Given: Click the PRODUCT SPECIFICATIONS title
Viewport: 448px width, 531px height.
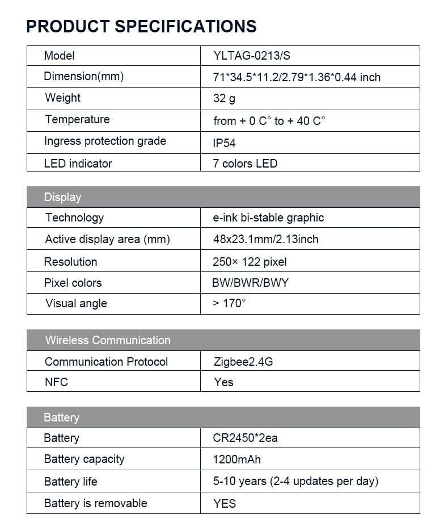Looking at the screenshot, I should pos(142,26).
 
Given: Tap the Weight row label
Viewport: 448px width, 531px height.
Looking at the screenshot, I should pos(62,98).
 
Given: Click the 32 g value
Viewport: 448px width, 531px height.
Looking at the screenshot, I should pos(224,98).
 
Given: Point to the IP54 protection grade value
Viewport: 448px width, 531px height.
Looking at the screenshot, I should pos(224,143).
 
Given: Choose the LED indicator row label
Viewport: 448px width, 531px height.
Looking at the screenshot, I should pos(78,164).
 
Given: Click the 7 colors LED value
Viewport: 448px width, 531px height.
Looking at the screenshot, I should pos(245,164).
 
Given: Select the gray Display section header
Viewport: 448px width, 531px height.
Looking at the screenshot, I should pos(223,197).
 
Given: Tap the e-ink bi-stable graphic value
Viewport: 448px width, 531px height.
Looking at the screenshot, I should pos(268,218).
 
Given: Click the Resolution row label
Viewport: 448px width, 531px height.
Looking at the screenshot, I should pos(70,262).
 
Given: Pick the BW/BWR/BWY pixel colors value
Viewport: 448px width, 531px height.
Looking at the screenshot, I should pos(250,283).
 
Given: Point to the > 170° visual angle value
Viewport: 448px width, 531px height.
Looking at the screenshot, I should pos(229,303).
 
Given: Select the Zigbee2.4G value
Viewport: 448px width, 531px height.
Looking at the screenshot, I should pos(243,362).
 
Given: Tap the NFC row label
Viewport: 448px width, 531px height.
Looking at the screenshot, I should pos(56,382).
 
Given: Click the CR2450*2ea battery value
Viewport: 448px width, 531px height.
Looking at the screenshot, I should pos(245,438).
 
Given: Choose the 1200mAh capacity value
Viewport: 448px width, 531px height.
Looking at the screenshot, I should pos(237,459).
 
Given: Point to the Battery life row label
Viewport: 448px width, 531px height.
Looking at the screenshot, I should pos(70,482).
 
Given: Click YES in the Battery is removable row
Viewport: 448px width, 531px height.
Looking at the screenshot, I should pos(225,503).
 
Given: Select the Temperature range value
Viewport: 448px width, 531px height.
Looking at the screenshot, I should pos(269,121).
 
